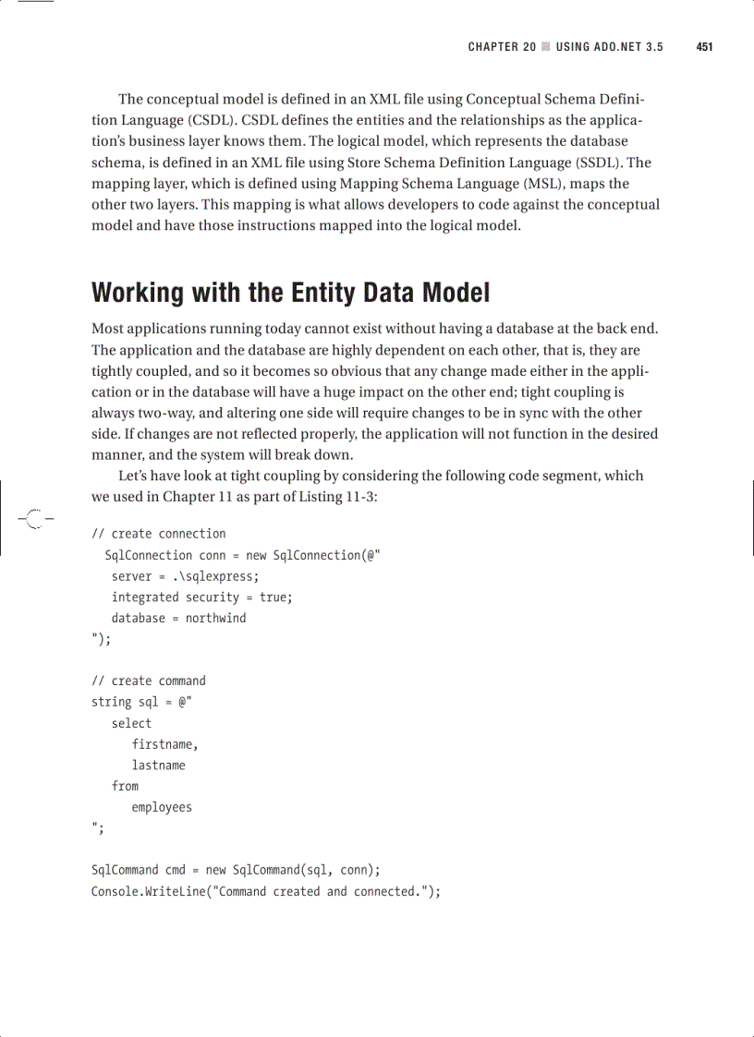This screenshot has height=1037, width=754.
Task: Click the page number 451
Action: (703, 47)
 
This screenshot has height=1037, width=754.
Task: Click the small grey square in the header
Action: (546, 47)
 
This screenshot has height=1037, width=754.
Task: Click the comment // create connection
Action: (158, 534)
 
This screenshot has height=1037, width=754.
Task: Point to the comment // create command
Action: (148, 681)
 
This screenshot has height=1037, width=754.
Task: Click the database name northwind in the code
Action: (215, 618)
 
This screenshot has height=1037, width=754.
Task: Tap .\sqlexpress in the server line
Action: (213, 576)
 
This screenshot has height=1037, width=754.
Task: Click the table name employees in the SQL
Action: (162, 807)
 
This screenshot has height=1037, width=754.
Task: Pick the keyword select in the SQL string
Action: (131, 723)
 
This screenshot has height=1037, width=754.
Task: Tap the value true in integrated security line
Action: (274, 597)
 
